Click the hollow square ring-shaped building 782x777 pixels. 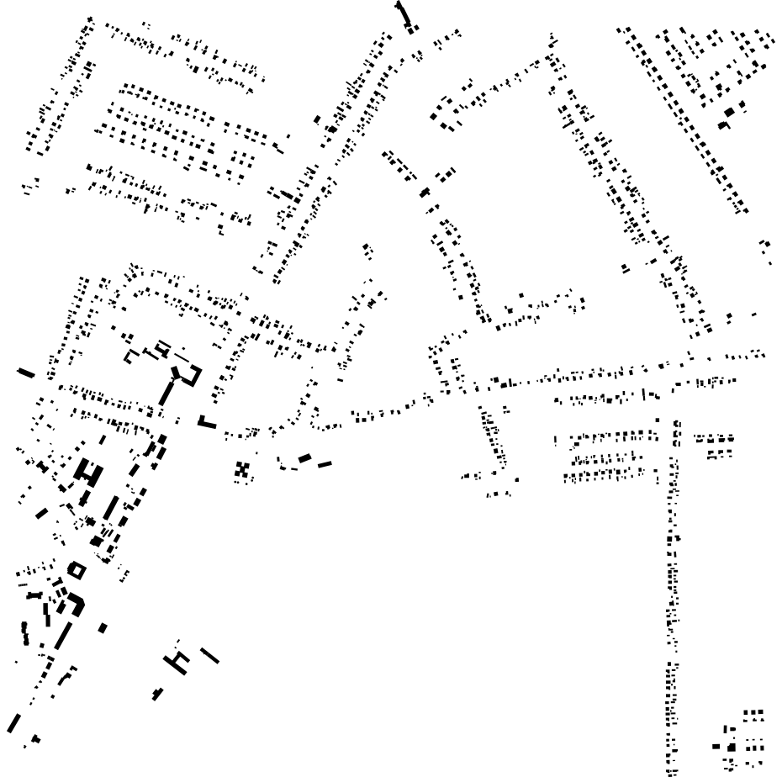77,570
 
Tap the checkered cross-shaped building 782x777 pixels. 243,470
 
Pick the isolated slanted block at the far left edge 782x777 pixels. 26,373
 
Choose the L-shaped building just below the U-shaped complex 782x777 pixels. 207,422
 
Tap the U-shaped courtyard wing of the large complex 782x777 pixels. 187,375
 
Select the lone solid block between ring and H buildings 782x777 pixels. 103,626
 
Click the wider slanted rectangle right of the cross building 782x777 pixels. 304,457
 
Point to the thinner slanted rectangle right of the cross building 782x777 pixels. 325,462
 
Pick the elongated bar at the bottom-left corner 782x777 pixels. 14,721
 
